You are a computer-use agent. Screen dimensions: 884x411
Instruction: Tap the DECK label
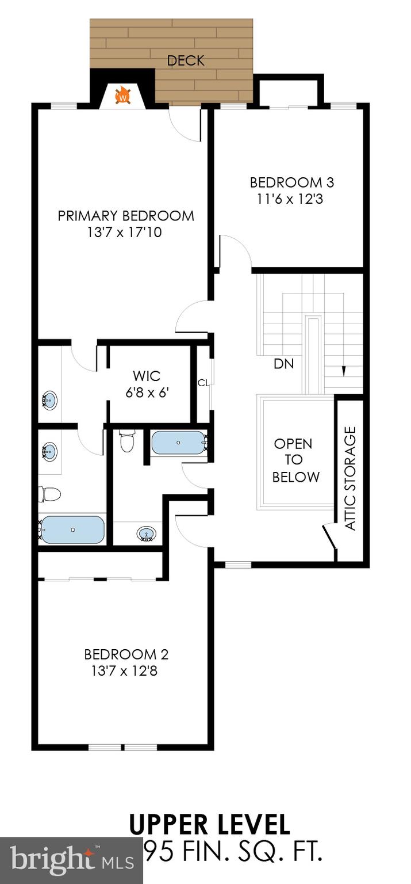[x=186, y=60]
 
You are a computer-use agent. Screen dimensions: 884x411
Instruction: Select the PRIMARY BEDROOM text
[x=126, y=216]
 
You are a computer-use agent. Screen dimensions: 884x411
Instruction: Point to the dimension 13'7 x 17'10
[x=126, y=233]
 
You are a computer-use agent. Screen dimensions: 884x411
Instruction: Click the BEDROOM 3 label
[x=292, y=182]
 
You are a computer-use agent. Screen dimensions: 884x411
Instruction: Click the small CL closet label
[x=203, y=383]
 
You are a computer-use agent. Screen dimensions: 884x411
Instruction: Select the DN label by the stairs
[x=283, y=364]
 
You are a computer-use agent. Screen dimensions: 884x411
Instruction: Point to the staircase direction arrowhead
[x=344, y=372]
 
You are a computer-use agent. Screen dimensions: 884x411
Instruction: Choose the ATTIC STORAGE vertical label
[x=350, y=478]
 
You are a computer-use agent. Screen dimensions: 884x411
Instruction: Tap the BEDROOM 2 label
[x=126, y=654]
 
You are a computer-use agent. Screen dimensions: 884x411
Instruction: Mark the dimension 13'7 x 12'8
[x=126, y=670]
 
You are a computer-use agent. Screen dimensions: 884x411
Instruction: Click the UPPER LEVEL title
[x=209, y=825]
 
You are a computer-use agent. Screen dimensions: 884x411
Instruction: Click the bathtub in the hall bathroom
[x=178, y=443]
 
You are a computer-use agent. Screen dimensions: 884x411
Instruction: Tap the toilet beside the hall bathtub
[x=126, y=441]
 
